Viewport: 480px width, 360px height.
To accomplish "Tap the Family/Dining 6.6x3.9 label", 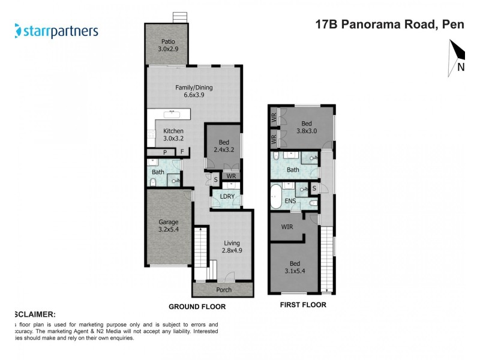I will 194,91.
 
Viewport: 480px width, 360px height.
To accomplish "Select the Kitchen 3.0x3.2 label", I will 173,135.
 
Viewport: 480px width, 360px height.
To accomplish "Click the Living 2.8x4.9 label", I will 232,246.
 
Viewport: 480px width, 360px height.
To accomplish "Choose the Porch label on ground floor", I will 224,290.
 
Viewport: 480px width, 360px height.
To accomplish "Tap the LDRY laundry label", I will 227,197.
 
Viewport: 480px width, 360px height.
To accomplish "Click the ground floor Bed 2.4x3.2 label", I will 223,146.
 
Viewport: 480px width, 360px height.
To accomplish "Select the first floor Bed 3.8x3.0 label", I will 307,128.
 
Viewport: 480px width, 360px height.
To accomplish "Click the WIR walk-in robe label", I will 286,228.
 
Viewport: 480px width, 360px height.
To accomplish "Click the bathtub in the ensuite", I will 276,197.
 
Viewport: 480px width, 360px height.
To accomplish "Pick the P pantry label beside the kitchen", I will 164,152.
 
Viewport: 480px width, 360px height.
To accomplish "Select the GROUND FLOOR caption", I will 197,307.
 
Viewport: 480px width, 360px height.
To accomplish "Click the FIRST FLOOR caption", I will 304,305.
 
